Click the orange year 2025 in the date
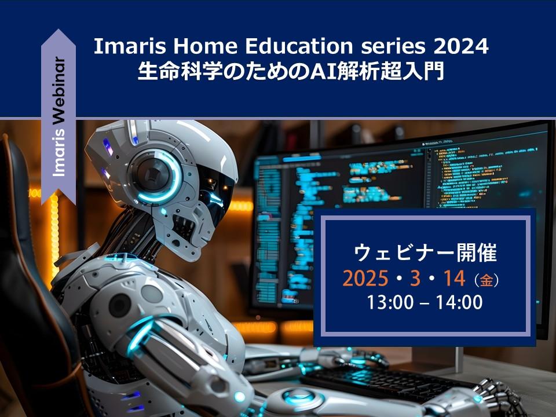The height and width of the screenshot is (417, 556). click(365, 279)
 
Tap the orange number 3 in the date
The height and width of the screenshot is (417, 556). click(415, 279)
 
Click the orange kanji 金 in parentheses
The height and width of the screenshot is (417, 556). click(487, 280)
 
